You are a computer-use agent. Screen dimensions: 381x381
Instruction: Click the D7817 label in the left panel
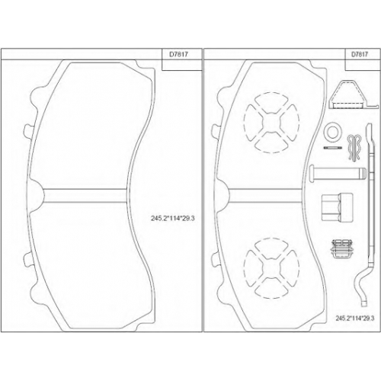coord(179,54)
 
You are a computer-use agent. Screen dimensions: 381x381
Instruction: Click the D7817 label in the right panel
coord(360,54)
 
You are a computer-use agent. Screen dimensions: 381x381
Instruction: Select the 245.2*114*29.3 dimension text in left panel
coord(173,218)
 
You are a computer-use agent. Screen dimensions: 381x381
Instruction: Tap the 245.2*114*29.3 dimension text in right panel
coord(355,319)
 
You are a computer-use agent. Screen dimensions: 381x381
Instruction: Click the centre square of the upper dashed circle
coord(271,122)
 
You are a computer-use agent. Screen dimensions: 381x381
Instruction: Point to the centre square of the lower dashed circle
coord(271,268)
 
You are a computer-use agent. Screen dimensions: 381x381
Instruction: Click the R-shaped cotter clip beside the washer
coord(354,148)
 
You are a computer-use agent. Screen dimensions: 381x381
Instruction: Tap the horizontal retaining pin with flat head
coord(338,174)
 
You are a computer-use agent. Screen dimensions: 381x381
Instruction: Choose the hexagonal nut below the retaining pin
coord(337,207)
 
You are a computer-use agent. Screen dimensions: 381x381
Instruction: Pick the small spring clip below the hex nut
coord(341,248)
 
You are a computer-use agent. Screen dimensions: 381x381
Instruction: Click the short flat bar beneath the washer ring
coord(333,148)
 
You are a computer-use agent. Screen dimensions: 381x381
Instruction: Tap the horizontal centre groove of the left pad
coord(85,196)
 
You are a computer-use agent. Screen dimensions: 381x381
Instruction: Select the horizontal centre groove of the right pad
coord(266,196)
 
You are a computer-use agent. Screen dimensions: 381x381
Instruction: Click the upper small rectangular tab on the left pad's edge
coord(27,131)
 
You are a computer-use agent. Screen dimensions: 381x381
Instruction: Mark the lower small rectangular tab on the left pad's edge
coord(27,259)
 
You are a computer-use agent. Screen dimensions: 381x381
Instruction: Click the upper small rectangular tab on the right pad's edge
coord(215,131)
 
